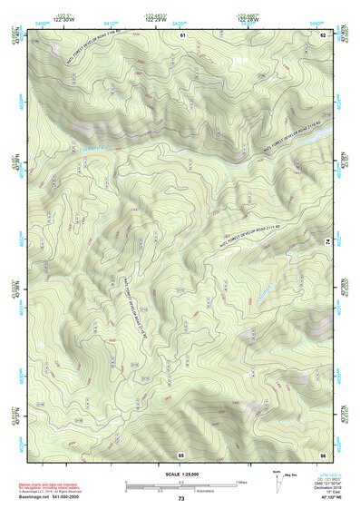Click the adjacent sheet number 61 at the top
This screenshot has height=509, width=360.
tap(181, 34)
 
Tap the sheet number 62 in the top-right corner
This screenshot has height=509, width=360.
tap(323, 34)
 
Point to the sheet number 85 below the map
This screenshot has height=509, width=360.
tap(181, 454)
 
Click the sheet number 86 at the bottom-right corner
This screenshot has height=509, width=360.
tap(322, 454)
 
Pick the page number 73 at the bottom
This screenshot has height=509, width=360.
tap(181, 499)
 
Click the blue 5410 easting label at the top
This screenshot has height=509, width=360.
tap(110, 22)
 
